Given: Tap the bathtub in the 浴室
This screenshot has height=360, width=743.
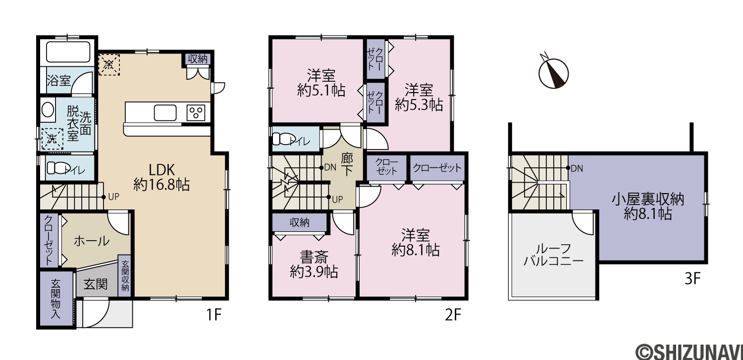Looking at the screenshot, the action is point(68,51).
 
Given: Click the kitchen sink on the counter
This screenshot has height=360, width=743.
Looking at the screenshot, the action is point(165,113).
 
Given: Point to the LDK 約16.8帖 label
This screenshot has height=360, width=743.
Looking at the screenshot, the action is point(161,177).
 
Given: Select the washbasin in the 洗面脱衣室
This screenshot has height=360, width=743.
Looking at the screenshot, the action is point(48,110).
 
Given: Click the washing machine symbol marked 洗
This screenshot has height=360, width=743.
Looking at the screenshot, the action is point(52,139).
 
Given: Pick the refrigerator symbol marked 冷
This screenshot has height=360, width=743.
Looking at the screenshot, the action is point(109,65).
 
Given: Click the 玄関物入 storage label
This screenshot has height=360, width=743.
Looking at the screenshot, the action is point(55,299).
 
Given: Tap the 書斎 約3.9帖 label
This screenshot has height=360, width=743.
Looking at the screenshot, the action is point(314,264).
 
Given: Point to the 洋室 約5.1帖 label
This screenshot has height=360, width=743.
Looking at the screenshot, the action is point(321,83).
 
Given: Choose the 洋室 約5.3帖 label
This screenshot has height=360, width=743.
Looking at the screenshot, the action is point(419,97).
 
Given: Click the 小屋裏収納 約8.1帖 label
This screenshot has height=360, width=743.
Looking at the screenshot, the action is point(648,206).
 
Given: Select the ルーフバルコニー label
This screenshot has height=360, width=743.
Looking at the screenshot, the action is point(554,255).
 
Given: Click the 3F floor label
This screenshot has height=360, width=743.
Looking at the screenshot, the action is point(692,279).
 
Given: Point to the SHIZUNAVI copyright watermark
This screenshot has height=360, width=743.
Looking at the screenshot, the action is point(689,351).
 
